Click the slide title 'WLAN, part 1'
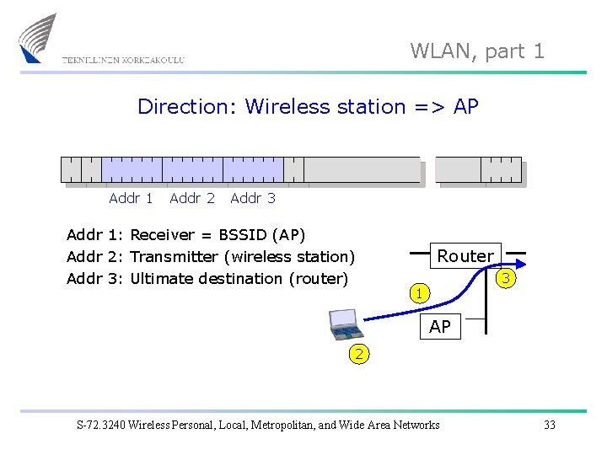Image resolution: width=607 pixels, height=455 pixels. pos(477,51)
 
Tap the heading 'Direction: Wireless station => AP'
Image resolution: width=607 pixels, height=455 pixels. pos(308,107)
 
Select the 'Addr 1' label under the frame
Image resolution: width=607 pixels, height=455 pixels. pos(131,199)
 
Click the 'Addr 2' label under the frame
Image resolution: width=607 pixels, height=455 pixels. pos(192,199)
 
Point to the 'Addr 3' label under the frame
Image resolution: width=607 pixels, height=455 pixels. pos(253,199)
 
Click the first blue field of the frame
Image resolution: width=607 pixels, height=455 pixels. pos(132,170)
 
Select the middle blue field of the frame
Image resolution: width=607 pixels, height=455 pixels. pos(192,170)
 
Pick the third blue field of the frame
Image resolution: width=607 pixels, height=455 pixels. pos(253,170)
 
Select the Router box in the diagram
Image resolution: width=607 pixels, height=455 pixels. pos(465,256)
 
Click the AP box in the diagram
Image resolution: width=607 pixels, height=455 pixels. pos(440,327)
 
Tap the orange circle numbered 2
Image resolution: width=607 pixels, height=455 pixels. pos(359,355)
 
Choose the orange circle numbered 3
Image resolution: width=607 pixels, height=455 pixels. pos(506,278)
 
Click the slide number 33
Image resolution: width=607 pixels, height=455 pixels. pos(550,425)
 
